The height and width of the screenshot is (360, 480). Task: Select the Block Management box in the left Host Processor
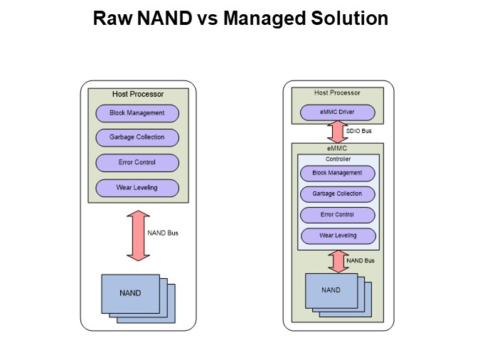(x=137, y=113)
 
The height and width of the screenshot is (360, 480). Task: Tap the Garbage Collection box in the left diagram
(x=137, y=138)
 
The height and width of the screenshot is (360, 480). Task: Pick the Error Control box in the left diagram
(x=137, y=163)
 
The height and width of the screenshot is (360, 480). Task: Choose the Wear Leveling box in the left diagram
(x=137, y=188)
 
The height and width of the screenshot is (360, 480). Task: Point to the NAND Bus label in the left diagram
(x=162, y=233)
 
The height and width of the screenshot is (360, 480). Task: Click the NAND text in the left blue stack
(x=130, y=292)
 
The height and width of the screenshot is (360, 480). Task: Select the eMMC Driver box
(x=337, y=112)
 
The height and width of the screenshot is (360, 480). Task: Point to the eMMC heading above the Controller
(x=337, y=149)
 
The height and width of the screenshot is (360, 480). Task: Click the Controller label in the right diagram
(x=337, y=159)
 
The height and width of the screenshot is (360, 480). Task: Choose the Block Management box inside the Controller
(x=337, y=173)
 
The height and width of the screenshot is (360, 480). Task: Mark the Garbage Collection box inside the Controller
(x=337, y=194)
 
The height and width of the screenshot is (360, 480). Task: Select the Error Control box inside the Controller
(x=337, y=214)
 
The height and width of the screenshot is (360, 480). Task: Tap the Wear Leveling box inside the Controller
(x=337, y=235)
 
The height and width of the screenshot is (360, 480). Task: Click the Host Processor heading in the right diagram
(x=337, y=92)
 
